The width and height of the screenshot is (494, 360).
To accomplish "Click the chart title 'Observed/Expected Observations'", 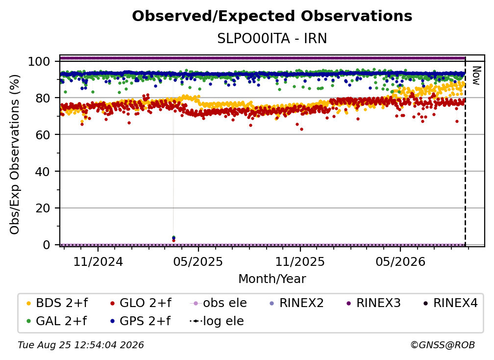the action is (272, 16).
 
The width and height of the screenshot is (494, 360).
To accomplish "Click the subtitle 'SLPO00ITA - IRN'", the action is (272, 39).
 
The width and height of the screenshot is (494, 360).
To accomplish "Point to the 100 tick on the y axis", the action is (39, 61).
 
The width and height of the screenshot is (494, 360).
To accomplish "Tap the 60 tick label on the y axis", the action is (43, 135).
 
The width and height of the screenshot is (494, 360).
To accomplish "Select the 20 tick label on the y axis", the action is (43, 208).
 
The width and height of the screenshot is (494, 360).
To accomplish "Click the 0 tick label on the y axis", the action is (46, 245).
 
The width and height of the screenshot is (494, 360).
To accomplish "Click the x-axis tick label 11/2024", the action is (98, 261).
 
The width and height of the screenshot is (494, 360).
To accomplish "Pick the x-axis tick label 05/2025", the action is (198, 261).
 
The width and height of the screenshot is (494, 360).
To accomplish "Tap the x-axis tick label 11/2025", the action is (300, 261).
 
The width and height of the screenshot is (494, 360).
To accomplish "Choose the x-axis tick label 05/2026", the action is (400, 261).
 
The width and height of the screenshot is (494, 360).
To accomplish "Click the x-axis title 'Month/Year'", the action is (272, 279).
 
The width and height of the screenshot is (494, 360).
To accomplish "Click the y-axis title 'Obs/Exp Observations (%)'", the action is (15, 154).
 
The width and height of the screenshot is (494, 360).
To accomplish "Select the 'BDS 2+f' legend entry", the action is (57, 303).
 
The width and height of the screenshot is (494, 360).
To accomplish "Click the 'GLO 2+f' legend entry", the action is (141, 303).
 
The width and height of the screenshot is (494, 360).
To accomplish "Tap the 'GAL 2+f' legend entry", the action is (56, 321).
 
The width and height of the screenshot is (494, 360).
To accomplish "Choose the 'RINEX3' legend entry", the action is (373, 303).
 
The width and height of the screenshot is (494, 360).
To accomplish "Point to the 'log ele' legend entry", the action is (217, 321).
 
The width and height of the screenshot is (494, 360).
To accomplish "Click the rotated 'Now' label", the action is (476, 76).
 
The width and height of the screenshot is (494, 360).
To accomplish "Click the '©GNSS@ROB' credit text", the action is (443, 345).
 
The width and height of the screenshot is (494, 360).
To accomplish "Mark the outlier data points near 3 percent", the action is (173, 239).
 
